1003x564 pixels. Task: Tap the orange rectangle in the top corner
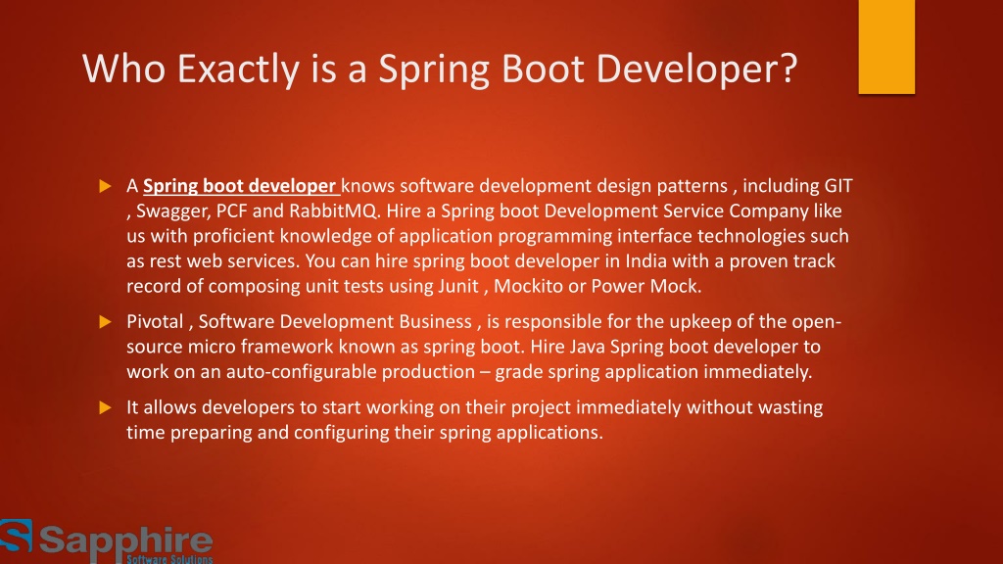click(x=886, y=47)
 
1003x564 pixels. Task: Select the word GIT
click(x=838, y=185)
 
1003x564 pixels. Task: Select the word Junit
click(x=458, y=286)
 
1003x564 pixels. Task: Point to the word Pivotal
click(x=155, y=321)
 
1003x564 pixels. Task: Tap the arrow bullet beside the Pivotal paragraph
click(x=106, y=321)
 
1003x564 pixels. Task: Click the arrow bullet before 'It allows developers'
click(x=106, y=407)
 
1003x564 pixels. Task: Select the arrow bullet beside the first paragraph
click(x=106, y=186)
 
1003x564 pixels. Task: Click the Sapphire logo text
click(x=126, y=542)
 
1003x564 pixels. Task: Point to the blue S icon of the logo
click(x=16, y=536)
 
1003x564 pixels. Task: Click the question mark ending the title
click(x=789, y=67)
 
